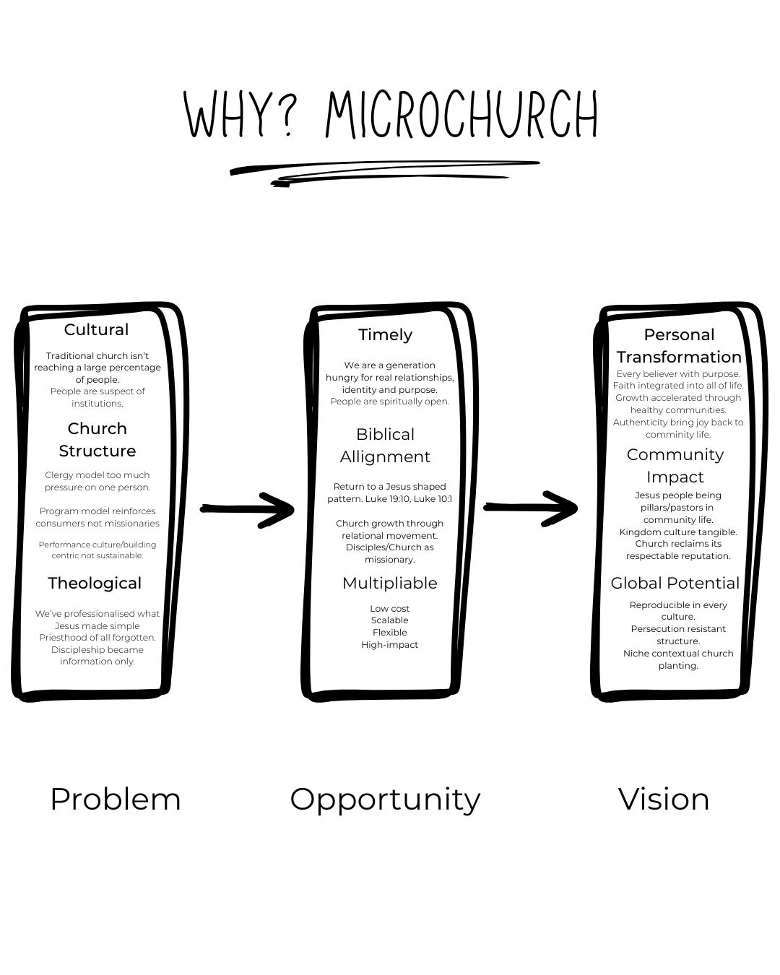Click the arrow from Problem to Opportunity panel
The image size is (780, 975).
point(248,509)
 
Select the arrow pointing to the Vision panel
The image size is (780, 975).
point(531,508)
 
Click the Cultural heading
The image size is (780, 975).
point(96,330)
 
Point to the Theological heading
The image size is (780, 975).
point(95,584)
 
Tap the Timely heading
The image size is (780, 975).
point(386,335)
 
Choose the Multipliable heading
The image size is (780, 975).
point(390,584)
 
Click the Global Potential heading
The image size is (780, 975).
point(675,584)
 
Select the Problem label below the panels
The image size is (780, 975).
point(116,799)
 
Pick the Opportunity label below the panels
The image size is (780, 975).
point(385,799)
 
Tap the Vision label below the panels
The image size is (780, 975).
point(664,799)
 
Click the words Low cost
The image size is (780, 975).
point(390,609)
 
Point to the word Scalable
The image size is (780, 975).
point(390,620)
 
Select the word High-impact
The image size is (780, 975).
point(390,645)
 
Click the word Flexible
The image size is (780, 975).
point(390,633)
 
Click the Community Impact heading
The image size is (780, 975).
point(675,466)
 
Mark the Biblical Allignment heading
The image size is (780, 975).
point(386,446)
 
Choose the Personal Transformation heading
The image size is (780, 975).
point(679,346)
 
